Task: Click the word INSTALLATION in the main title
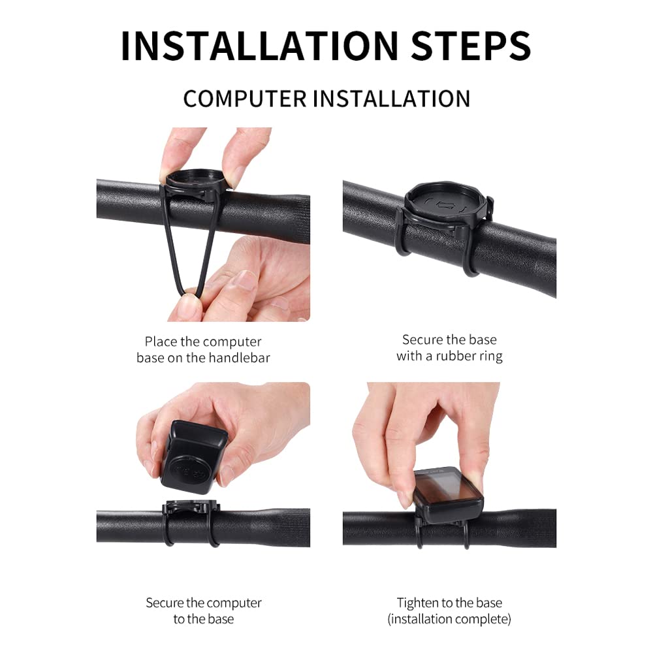pos(259,46)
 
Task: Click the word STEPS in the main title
pos(471,46)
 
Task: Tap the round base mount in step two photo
pos(444,204)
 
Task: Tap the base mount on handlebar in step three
pos(191,509)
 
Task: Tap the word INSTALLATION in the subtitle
pos(391,99)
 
